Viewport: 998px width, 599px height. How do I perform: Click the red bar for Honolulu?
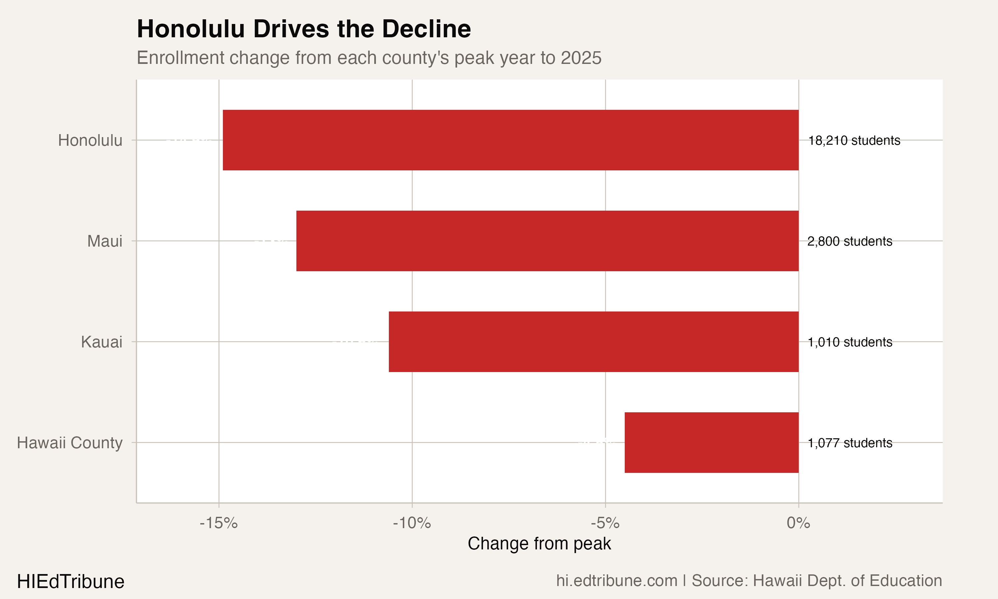[510, 140]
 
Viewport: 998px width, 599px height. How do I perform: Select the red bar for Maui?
[548, 241]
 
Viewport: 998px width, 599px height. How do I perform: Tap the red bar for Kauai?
[593, 341]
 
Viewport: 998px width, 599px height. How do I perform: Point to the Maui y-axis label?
[104, 241]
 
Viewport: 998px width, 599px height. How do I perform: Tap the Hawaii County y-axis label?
[70, 443]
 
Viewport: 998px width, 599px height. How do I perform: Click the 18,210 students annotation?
[854, 140]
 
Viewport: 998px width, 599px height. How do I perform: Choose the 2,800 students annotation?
[850, 241]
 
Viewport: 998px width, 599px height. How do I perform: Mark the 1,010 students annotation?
[850, 342]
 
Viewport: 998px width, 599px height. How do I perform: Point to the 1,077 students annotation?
[850, 443]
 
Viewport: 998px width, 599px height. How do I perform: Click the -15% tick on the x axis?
[219, 523]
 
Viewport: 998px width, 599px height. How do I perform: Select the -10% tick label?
[412, 523]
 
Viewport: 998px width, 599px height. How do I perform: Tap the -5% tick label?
[605, 523]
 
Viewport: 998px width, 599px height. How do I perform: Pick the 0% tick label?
[798, 523]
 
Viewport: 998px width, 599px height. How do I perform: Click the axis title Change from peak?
[539, 544]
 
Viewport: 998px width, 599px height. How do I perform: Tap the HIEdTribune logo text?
[71, 582]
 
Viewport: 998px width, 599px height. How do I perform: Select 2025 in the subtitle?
[581, 58]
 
